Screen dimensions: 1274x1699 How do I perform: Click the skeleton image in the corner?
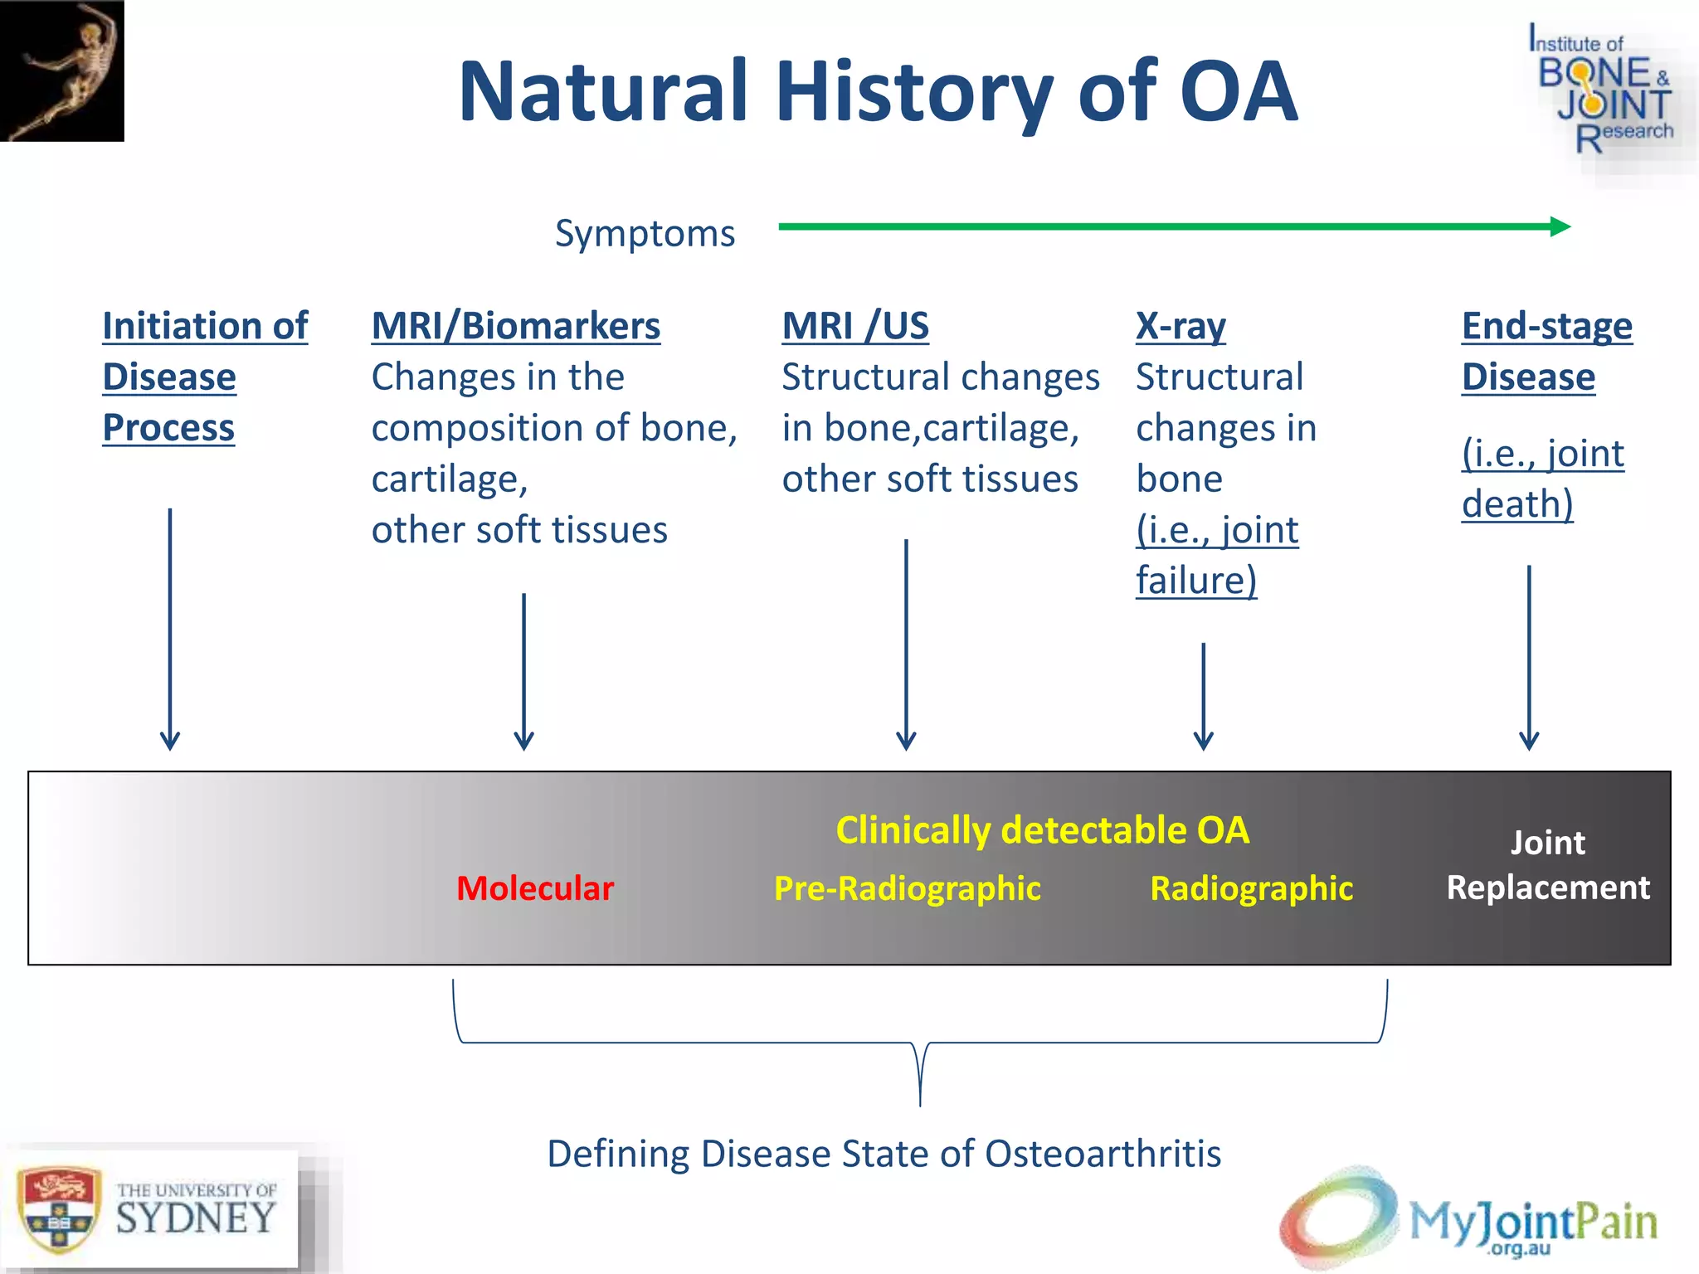click(x=61, y=71)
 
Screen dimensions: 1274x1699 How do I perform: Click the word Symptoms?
click(x=645, y=233)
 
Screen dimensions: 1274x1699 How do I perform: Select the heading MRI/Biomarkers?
click(x=515, y=326)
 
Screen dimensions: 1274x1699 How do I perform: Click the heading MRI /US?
click(x=854, y=326)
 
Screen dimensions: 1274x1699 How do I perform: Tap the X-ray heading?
click(x=1180, y=326)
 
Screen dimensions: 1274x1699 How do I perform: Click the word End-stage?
click(x=1546, y=326)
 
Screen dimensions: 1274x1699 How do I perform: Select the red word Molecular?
click(x=535, y=888)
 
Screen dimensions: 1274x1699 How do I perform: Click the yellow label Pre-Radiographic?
click(x=907, y=888)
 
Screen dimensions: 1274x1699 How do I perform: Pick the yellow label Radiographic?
click(x=1251, y=888)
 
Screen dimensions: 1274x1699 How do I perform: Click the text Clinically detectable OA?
click(x=1042, y=830)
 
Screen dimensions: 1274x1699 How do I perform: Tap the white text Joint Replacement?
click(x=1547, y=865)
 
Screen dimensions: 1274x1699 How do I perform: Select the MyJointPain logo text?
click(x=1533, y=1222)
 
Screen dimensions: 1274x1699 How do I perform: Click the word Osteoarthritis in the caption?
click(x=1103, y=1154)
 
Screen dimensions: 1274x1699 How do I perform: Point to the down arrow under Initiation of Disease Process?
click(x=170, y=630)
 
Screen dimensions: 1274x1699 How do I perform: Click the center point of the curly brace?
click(x=920, y=1078)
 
